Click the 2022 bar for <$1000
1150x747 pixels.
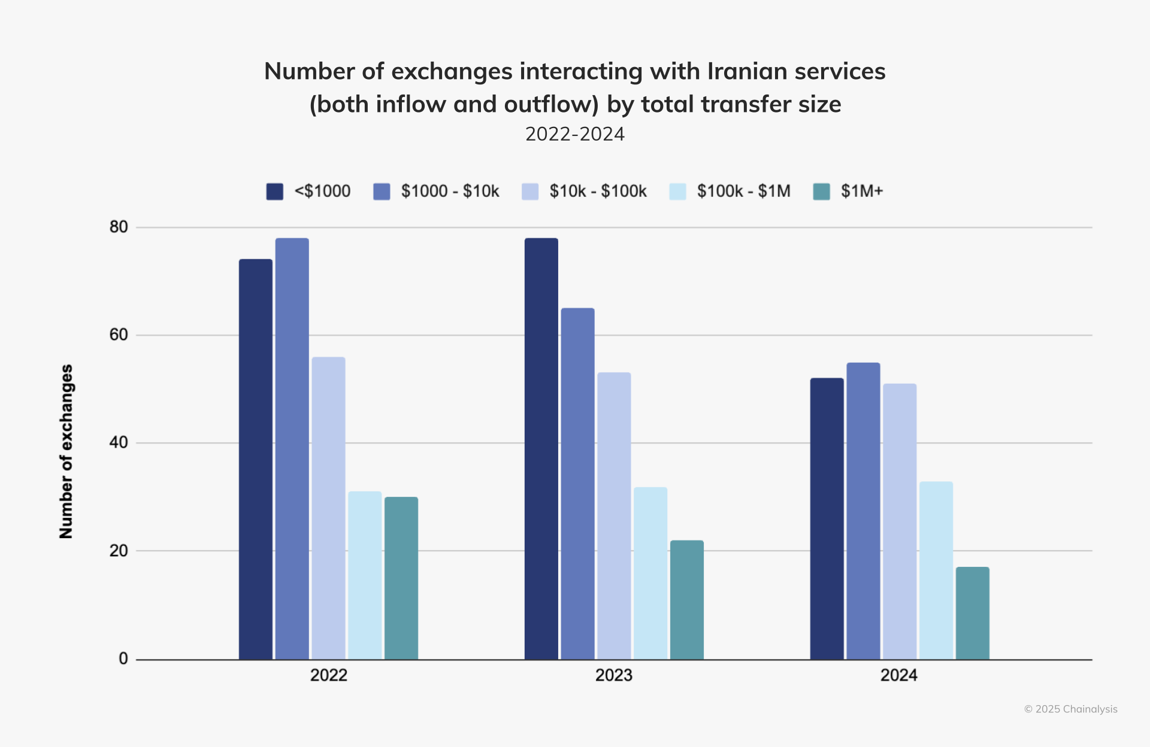click(256, 459)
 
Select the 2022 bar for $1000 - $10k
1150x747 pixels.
click(292, 449)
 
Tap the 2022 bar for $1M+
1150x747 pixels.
click(401, 578)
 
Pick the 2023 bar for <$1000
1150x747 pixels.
click(541, 449)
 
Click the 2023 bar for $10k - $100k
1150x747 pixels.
click(614, 516)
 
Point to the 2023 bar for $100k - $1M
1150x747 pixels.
click(650, 573)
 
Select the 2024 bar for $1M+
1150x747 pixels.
click(973, 613)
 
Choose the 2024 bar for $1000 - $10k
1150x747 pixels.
click(863, 511)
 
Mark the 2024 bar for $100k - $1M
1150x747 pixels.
click(936, 570)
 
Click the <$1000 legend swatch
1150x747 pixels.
click(275, 192)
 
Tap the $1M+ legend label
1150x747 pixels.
click(862, 192)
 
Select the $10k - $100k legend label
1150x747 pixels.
click(598, 192)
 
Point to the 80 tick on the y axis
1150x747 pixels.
click(119, 227)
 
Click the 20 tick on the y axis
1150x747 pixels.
click(119, 551)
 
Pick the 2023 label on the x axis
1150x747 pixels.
click(614, 675)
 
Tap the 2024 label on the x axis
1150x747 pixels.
click(899, 675)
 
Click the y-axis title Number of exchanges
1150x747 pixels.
click(66, 451)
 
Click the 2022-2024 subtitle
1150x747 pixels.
click(575, 134)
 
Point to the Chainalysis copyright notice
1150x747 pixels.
click(1070, 709)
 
